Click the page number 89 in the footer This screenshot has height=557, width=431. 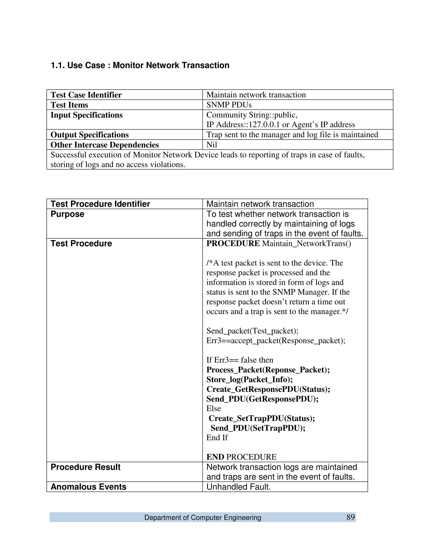pos(351,517)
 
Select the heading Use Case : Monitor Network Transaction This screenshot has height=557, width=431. pos(140,65)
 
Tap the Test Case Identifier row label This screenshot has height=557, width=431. pos(86,95)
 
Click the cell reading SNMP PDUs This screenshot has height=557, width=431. pos(229,105)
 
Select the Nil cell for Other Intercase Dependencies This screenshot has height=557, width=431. pos(212,145)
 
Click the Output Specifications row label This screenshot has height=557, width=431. pos(89,135)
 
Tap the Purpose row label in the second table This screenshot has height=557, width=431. pos(67,214)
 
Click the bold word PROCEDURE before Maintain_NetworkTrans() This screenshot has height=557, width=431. pos(233,244)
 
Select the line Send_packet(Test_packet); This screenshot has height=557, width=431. pos(252,331)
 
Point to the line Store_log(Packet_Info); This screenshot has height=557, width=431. pos(249,379)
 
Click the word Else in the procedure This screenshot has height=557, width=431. pos(213,409)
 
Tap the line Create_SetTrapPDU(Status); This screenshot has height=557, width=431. pos(262,418)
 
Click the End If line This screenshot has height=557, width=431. pos(217,438)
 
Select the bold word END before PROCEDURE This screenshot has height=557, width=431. pos(215,457)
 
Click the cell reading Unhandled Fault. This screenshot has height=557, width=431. pos(238,487)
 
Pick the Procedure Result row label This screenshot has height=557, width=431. pos(85,467)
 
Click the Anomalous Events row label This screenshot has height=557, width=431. pos(88,487)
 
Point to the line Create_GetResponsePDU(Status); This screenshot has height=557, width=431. pos(268,389)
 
